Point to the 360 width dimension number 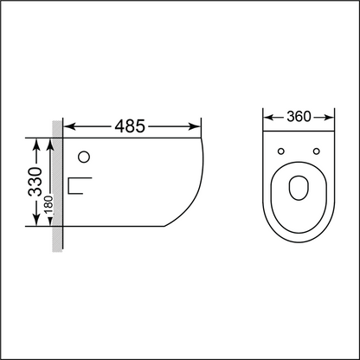pyautogui.click(x=298, y=116)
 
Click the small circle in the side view pyautogui.click(x=85, y=158)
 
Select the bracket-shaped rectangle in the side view pyautogui.click(x=79, y=186)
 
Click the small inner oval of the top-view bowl pyautogui.click(x=299, y=187)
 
